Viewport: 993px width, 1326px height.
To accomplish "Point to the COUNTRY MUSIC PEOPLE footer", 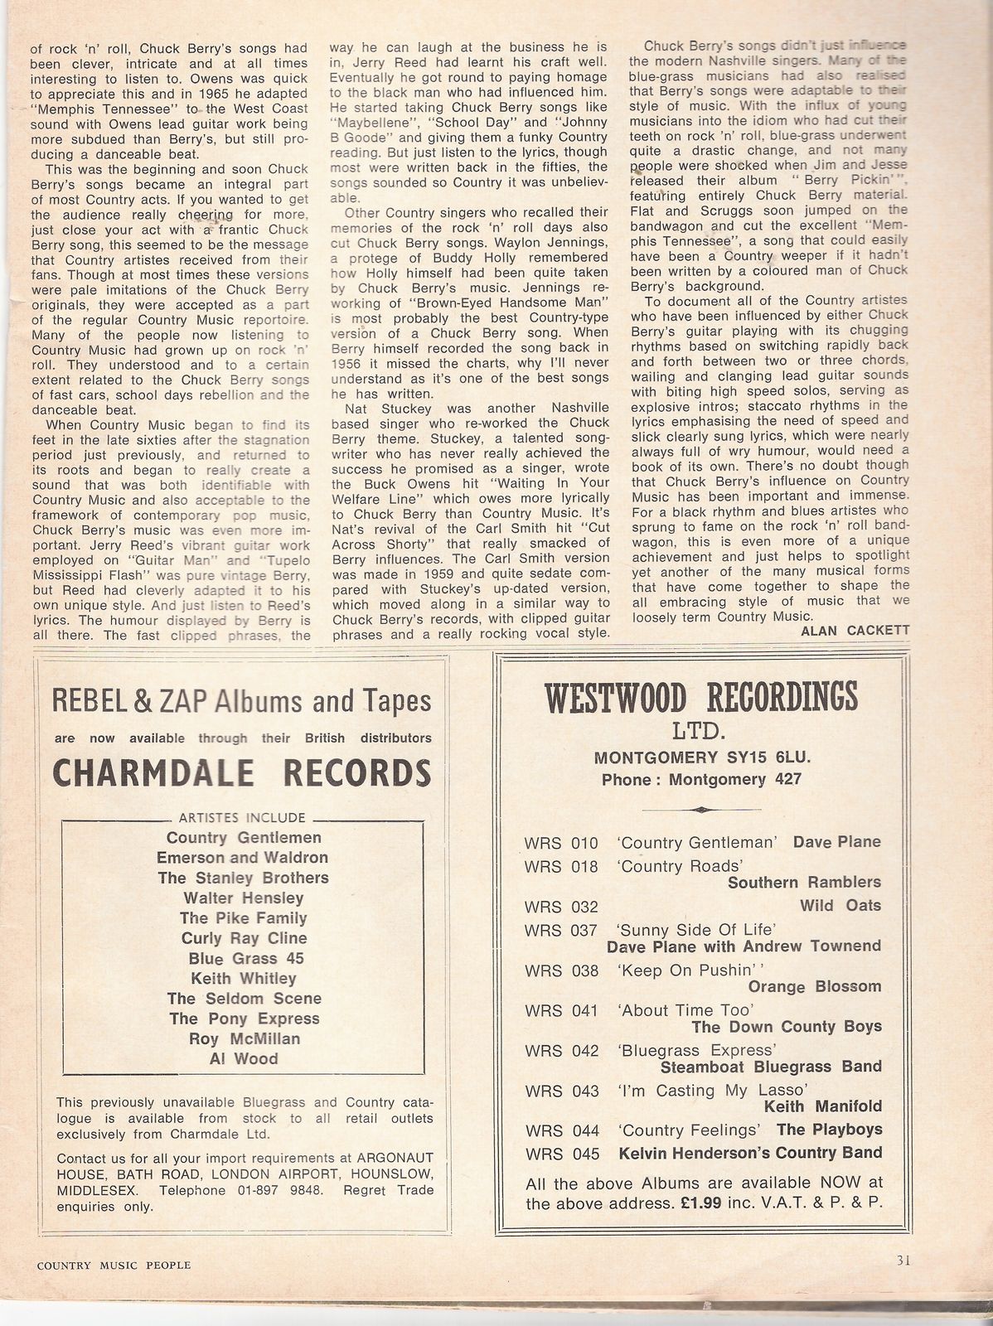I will (114, 1265).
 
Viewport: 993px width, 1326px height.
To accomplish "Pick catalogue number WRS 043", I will (561, 1091).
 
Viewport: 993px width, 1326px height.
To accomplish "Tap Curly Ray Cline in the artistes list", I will (244, 938).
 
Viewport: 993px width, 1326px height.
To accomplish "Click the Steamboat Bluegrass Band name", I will (770, 1067).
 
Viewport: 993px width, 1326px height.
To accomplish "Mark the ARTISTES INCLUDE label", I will (242, 818).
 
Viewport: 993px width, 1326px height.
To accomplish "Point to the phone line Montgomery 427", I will (701, 779).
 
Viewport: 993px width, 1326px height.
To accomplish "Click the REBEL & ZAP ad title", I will (241, 701).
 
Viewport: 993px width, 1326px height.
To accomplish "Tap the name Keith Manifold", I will (821, 1106).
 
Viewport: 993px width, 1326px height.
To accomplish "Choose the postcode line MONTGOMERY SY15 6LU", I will (701, 757).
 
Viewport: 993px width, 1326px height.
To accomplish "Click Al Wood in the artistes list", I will (244, 1058).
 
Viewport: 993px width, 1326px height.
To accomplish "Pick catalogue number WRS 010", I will (561, 843).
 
